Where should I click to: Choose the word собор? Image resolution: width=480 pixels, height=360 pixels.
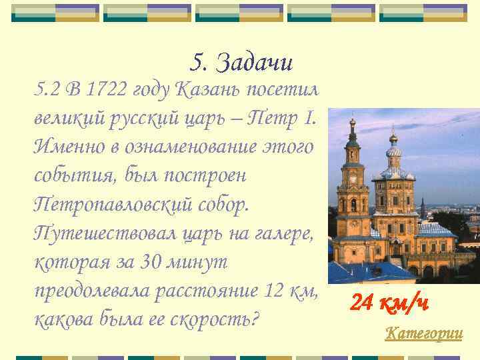click(x=223, y=205)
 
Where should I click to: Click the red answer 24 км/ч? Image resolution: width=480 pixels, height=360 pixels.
click(x=390, y=303)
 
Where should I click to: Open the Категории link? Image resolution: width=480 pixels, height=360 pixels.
click(x=424, y=333)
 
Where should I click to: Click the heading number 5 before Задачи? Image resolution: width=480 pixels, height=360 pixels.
click(x=198, y=63)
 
